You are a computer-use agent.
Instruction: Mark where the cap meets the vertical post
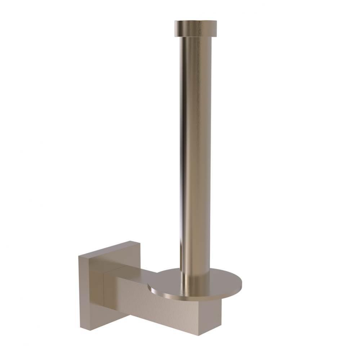point(197,37)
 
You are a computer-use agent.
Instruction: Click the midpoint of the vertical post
point(195,155)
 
